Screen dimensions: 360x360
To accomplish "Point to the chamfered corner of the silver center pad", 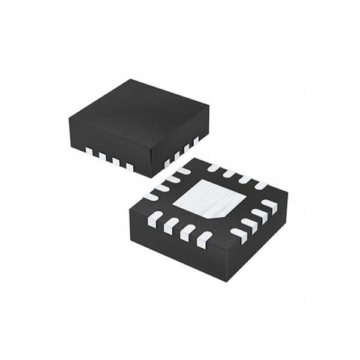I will pos(223,213).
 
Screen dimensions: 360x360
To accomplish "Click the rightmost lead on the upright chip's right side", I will pos(196,142).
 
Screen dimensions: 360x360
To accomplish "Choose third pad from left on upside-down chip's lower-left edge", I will pos(187,233).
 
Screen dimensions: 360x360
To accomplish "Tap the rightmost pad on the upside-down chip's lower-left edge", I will pos(204,241).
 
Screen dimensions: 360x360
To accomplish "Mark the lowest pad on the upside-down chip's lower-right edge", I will pos(239,235).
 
